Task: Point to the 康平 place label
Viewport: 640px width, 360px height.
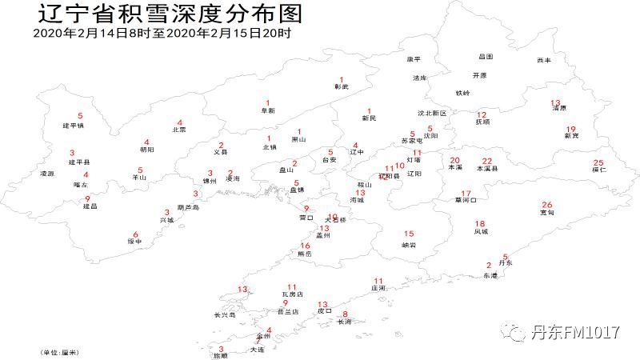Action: pos(414,60)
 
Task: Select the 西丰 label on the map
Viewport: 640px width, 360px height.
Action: pos(545,60)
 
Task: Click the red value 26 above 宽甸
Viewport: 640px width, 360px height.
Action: pos(547,204)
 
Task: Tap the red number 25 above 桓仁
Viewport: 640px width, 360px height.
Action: pos(598,162)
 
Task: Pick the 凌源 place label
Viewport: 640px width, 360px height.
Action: pos(47,174)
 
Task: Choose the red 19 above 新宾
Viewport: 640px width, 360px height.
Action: pos(570,129)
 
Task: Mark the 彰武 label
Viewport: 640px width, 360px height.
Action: pos(342,86)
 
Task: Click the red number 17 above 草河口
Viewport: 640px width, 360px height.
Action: pos(466,194)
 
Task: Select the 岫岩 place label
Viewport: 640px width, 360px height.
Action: pos(408,244)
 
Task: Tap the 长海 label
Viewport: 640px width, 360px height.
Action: pos(345,322)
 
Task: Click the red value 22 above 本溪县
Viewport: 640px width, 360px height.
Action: pos(487,161)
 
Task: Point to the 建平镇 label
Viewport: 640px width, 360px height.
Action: pos(73,126)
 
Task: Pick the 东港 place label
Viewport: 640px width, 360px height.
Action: pos(490,275)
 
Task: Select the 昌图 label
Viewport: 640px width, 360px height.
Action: pos(486,57)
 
